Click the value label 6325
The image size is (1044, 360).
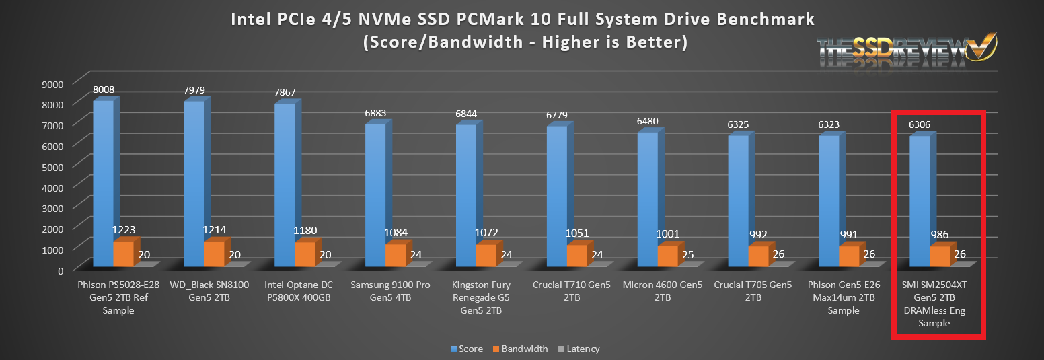pyautogui.click(x=739, y=124)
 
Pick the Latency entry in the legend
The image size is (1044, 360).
pyautogui.click(x=578, y=349)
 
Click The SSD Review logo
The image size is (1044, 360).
pyautogui.click(x=905, y=50)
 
